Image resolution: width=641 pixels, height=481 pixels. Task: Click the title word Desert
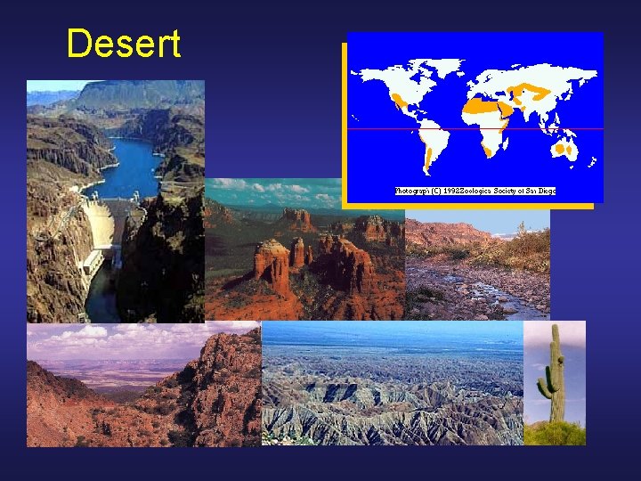[123, 44]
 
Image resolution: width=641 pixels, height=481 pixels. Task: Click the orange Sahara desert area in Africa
[481, 106]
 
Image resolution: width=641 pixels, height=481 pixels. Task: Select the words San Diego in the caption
[538, 191]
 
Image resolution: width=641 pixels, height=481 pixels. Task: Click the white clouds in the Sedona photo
[267, 188]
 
